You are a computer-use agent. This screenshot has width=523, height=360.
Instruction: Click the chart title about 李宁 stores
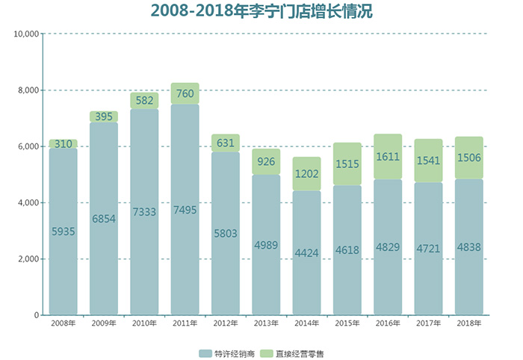261,11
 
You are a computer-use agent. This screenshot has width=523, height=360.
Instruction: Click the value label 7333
144,212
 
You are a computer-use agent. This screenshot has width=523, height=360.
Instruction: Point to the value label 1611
388,158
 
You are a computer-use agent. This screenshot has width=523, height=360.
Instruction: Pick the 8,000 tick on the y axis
28,90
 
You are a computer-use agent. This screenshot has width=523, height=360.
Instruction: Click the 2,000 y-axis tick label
28,259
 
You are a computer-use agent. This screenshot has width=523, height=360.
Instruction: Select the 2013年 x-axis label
266,323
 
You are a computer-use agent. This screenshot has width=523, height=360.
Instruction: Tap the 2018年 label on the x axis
468,323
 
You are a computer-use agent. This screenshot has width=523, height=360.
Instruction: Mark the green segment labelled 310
64,144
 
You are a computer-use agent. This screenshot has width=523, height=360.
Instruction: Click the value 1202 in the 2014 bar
306,173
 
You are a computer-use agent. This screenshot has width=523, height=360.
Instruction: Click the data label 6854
104,219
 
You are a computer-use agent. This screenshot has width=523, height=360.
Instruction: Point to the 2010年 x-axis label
144,323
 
